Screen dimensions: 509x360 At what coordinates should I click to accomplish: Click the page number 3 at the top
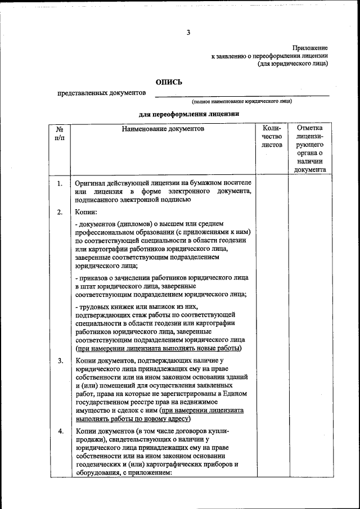coord(188,33)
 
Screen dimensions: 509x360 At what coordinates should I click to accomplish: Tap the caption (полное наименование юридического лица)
coord(241,101)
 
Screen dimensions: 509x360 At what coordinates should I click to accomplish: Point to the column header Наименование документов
coord(163,129)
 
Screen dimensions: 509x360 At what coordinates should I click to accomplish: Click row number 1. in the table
coord(60,183)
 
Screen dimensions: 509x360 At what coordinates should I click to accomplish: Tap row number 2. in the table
coord(60,213)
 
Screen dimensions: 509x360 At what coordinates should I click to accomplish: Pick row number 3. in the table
coord(60,361)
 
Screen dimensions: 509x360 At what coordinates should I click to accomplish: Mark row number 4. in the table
coord(60,431)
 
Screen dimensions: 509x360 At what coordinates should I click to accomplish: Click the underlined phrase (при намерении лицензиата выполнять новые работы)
coord(159,348)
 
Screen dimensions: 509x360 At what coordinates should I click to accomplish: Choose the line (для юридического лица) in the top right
coord(292,64)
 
